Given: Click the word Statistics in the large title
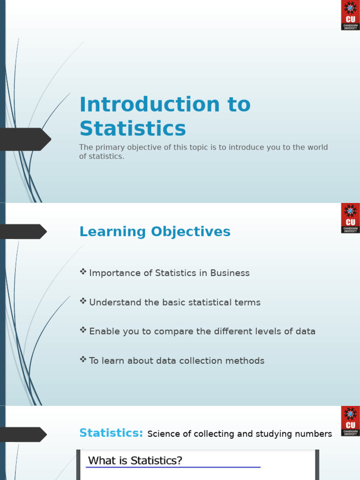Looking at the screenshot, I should click(x=133, y=128).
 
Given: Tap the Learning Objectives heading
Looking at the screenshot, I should click(x=155, y=232).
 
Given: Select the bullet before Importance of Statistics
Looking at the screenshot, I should click(x=83, y=271).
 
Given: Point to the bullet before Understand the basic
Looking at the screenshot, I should click(x=83, y=301).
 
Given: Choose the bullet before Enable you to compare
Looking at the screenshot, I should click(x=83, y=330).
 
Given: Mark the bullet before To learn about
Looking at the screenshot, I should click(x=83, y=359).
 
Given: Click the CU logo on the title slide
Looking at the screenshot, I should click(x=350, y=15).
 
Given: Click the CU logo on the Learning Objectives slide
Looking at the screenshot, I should click(x=350, y=218).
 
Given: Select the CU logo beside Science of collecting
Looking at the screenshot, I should click(x=350, y=421).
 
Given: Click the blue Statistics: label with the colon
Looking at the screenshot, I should click(x=111, y=433).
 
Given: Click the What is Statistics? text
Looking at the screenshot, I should click(x=135, y=461).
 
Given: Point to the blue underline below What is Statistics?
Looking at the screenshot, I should click(x=173, y=467).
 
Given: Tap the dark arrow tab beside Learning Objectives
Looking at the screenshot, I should click(x=23, y=232).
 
